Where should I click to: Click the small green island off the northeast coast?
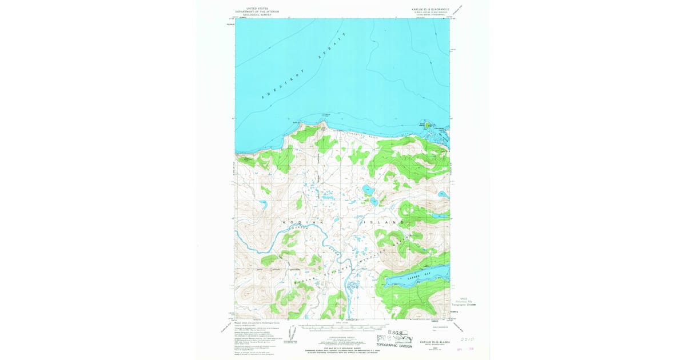426,125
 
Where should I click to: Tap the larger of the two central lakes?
366,189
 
